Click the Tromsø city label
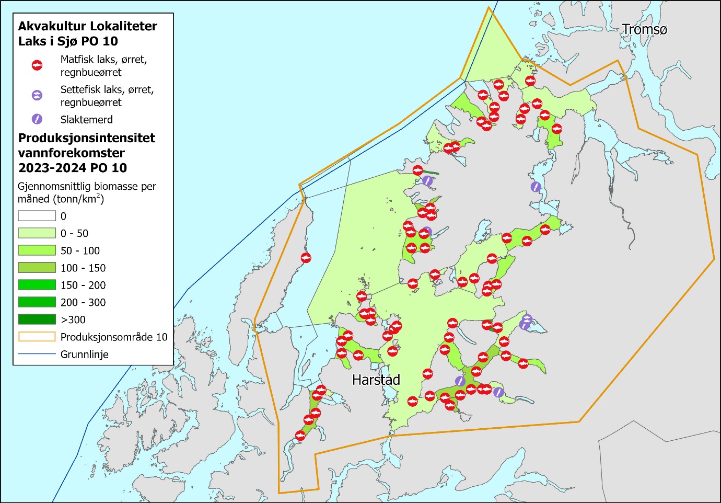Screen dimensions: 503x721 tap(644, 30)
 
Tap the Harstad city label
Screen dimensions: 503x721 tap(376, 380)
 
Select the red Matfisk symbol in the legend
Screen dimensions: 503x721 tap(37, 65)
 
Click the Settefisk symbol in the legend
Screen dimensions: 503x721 tap(37, 95)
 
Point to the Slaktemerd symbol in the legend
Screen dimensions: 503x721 tap(37, 119)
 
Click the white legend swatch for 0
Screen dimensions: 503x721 tap(37, 216)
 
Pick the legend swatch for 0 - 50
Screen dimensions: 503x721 tap(37, 233)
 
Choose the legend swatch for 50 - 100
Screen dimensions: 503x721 tap(37, 250)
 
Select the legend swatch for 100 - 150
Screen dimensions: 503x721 tap(37, 268)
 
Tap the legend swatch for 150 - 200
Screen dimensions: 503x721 tap(37, 285)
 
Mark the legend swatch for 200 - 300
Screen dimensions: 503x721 tap(37, 302)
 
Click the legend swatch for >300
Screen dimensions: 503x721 tap(37, 319)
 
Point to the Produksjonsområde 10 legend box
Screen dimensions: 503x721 tap(37, 337)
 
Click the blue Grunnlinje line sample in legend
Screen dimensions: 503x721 tap(37, 354)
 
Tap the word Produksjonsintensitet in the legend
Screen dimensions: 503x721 tap(87, 138)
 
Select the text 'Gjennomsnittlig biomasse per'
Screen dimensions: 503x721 tap(87, 186)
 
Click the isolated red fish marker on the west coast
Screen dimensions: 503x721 tap(306, 258)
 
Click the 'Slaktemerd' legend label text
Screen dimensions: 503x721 tap(87, 120)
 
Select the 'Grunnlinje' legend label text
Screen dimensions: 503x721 tap(85, 355)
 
